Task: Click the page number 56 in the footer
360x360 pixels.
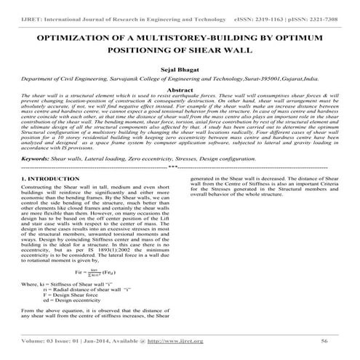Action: click(322, 339)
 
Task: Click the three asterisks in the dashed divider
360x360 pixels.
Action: click(180, 167)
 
